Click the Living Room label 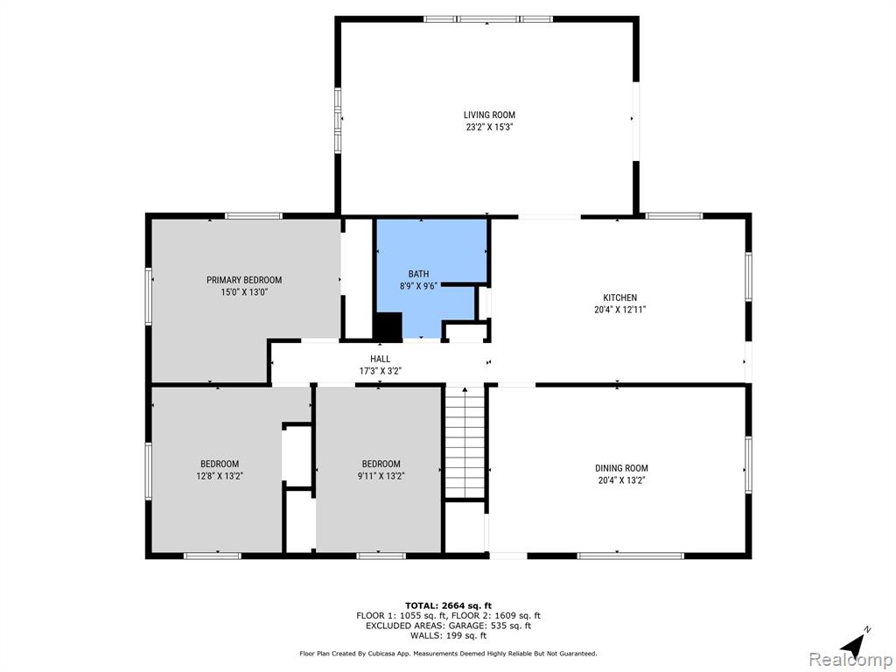pyautogui.click(x=489, y=115)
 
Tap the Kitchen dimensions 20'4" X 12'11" pyautogui.click(x=620, y=310)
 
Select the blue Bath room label pyautogui.click(x=418, y=274)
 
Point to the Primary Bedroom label pyautogui.click(x=244, y=280)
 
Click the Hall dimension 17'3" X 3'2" pyautogui.click(x=380, y=371)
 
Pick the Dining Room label pyautogui.click(x=622, y=469)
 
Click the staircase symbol pyautogui.click(x=465, y=443)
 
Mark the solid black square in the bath pyautogui.click(x=388, y=326)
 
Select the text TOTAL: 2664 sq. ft pyautogui.click(x=449, y=605)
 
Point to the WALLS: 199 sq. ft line pyautogui.click(x=449, y=635)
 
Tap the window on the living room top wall pyautogui.click(x=488, y=19)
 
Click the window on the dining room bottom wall pyautogui.click(x=631, y=556)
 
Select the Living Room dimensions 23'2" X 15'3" pyautogui.click(x=489, y=128)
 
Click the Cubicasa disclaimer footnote pyautogui.click(x=449, y=653)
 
